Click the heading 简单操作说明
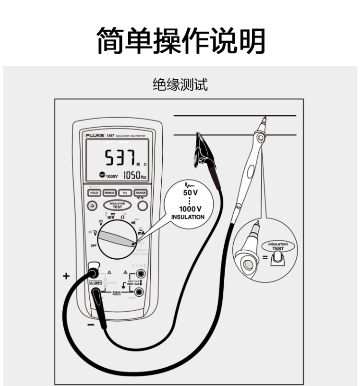180,40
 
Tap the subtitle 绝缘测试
180,85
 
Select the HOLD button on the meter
94,193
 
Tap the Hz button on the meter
125,193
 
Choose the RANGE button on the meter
141,193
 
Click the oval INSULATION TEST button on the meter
117,205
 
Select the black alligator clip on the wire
201,152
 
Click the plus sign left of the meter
66,276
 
